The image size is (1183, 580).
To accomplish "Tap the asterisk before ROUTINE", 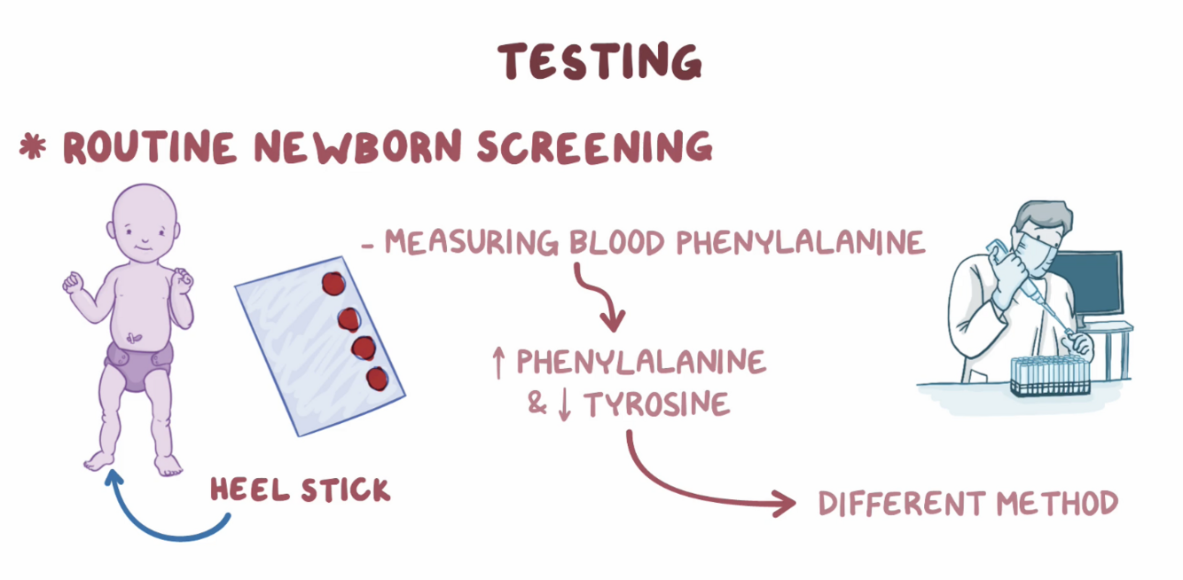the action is (33, 147).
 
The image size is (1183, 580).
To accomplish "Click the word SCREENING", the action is (594, 147).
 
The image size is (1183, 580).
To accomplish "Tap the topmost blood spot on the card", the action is (333, 283).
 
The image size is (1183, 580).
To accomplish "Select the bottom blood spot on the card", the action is (379, 379).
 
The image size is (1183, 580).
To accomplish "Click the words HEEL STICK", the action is (300, 490).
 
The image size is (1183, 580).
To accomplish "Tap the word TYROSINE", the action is (656, 404).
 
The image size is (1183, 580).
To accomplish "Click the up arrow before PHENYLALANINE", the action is (498, 362).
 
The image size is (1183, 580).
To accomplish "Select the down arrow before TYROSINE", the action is (565, 405).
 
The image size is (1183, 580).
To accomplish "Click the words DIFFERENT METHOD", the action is (968, 504).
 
